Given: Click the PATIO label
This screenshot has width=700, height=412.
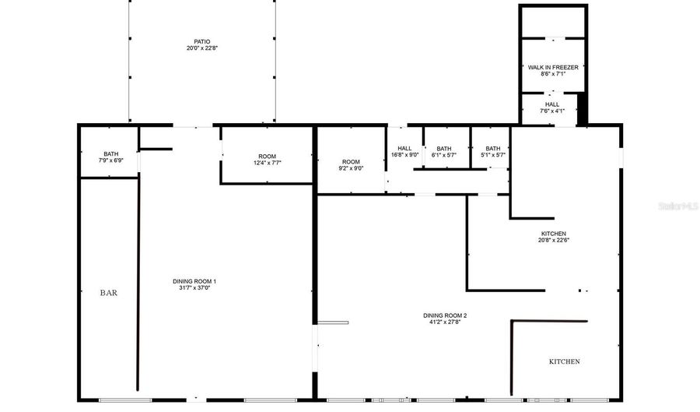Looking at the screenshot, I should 202,41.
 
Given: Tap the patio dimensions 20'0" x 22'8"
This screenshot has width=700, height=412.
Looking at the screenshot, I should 202,48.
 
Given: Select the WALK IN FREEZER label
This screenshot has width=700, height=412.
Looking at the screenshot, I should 552,68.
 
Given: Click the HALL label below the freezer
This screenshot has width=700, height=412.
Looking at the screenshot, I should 551,104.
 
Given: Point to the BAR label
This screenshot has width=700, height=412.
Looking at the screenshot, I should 108,293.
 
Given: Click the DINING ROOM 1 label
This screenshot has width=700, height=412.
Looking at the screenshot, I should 194,281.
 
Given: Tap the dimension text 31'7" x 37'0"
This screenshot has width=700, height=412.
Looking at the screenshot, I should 194,288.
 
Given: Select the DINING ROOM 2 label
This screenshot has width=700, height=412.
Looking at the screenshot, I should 445,315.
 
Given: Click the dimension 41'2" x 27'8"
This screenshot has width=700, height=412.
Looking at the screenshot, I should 445,322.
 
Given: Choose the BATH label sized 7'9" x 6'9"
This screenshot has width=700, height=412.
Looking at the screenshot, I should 110,153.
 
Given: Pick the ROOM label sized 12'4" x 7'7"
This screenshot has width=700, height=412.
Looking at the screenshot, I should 267,157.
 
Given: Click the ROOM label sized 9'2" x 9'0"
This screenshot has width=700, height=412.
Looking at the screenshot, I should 351,161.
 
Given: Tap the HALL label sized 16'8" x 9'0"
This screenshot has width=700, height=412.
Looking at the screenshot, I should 404,148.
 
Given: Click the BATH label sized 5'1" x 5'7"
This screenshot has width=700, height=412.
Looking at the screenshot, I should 493,148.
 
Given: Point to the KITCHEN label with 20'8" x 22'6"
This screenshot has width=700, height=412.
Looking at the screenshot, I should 554,234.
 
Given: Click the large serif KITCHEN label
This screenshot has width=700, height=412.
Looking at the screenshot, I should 564,361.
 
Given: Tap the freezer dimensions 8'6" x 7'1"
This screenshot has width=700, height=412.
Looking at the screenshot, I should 552,75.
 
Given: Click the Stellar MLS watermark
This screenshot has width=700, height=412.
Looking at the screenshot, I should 678,206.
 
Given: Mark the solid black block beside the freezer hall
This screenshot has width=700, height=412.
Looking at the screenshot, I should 582,109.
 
